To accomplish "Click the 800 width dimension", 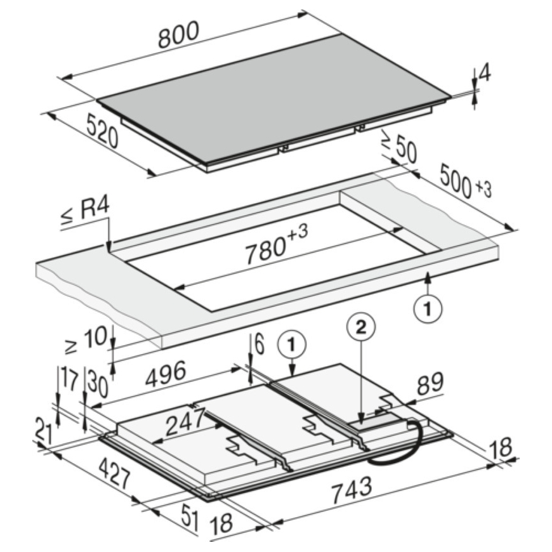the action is point(178,35).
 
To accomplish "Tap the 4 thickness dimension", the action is point(485,74).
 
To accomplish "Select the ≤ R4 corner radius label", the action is point(85,211).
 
